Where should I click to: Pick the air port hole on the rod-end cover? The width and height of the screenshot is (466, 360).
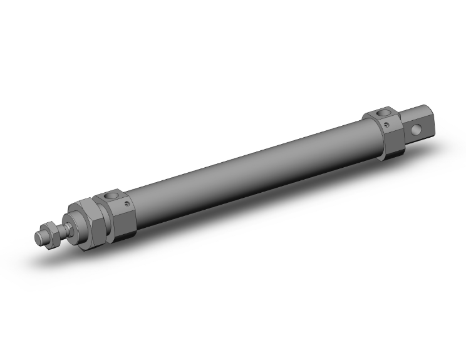(x=115, y=197)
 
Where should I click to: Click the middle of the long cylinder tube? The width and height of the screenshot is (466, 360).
(x=251, y=169)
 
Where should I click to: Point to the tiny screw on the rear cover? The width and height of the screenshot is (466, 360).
(x=388, y=125)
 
